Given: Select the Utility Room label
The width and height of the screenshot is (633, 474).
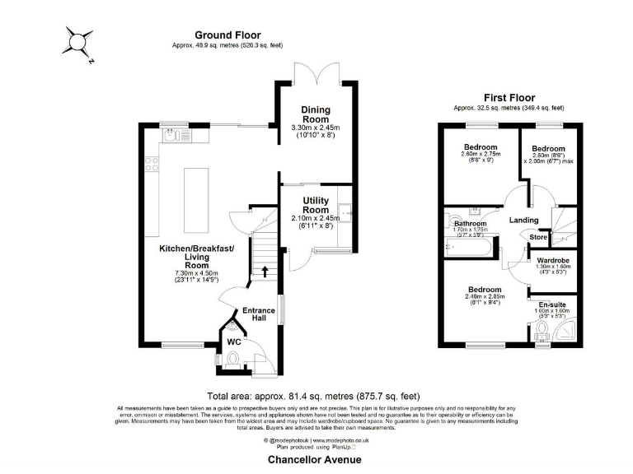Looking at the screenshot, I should pos(316,205).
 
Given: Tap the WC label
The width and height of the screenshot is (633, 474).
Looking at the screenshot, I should pos(233,340).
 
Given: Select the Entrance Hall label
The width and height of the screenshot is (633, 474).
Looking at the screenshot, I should pos(258,315).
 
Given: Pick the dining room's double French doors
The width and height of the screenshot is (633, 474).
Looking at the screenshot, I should pos(316,72).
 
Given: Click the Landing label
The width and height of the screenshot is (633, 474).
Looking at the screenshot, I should pos(524,220).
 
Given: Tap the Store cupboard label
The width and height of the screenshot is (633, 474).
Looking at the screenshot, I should pos(538,238).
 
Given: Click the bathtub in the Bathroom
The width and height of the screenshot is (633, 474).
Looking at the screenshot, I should pos(467,245).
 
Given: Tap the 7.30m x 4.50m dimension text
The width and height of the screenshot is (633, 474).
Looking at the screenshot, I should pos(198,273).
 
